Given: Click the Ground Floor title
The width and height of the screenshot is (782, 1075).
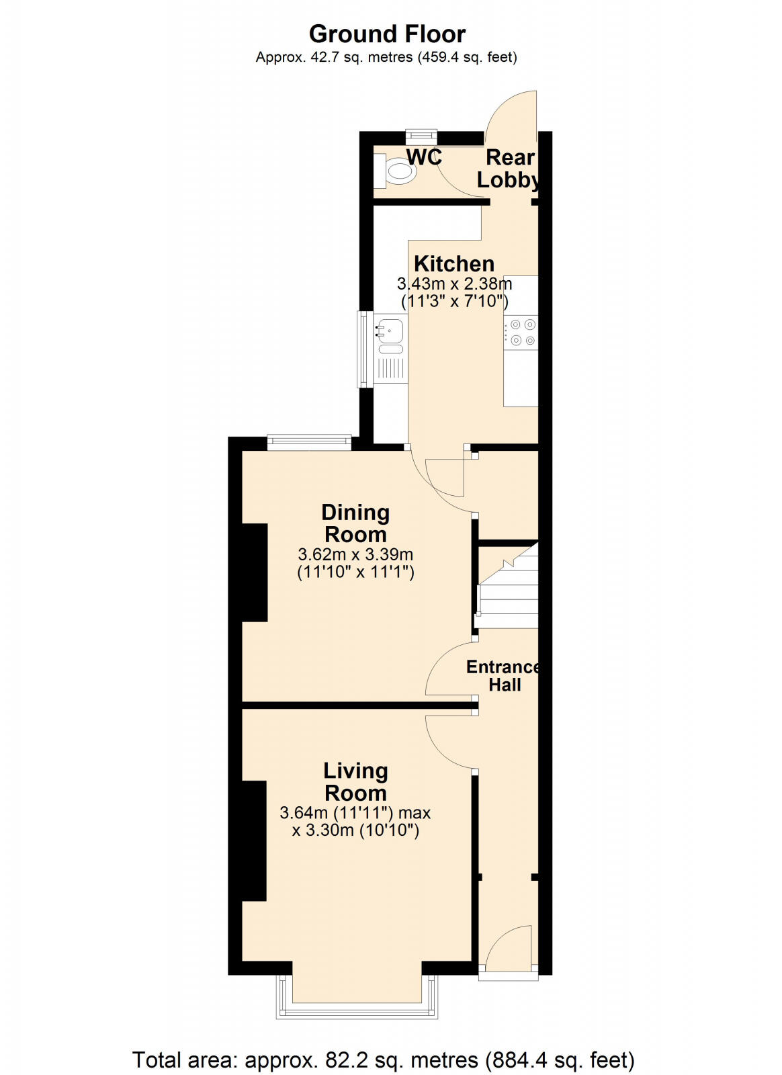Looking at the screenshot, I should (387, 34).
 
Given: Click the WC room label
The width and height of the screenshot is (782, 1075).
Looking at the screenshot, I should (424, 157).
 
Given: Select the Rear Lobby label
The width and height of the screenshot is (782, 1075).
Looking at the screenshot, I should (509, 169).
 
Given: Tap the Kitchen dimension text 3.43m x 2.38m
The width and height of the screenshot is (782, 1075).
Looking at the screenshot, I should (454, 284).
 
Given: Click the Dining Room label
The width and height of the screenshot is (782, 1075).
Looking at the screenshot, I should (355, 523).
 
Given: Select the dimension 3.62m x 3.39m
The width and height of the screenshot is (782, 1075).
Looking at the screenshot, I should (355, 555).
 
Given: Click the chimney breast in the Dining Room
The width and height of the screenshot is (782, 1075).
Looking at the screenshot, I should (255, 572).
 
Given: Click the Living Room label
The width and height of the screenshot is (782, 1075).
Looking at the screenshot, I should (355, 781).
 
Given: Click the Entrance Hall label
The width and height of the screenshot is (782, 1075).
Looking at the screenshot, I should (504, 676).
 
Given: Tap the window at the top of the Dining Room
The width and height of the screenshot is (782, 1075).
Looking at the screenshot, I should (309, 441).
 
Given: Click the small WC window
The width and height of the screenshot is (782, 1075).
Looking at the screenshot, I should (422, 136).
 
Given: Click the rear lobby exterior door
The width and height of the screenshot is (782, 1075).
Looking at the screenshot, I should (511, 111).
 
